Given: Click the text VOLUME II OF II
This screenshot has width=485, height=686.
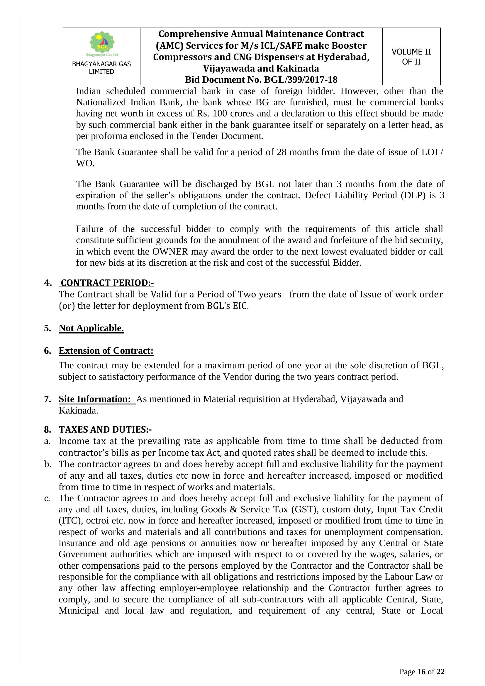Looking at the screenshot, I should [x=411, y=57].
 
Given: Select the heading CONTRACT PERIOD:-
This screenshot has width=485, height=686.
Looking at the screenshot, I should [x=107, y=283].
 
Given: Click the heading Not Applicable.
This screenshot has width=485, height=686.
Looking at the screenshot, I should [x=91, y=328].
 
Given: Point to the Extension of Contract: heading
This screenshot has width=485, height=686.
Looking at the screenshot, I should [x=106, y=350].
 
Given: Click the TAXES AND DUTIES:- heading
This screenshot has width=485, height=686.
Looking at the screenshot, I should [x=105, y=429].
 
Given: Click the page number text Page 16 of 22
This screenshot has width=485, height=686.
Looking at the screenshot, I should [x=422, y=672].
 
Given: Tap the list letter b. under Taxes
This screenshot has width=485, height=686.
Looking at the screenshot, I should [x=48, y=464].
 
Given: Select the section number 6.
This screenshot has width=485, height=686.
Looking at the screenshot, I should [x=48, y=350].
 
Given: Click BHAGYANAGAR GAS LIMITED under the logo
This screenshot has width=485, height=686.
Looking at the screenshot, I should [x=101, y=68].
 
